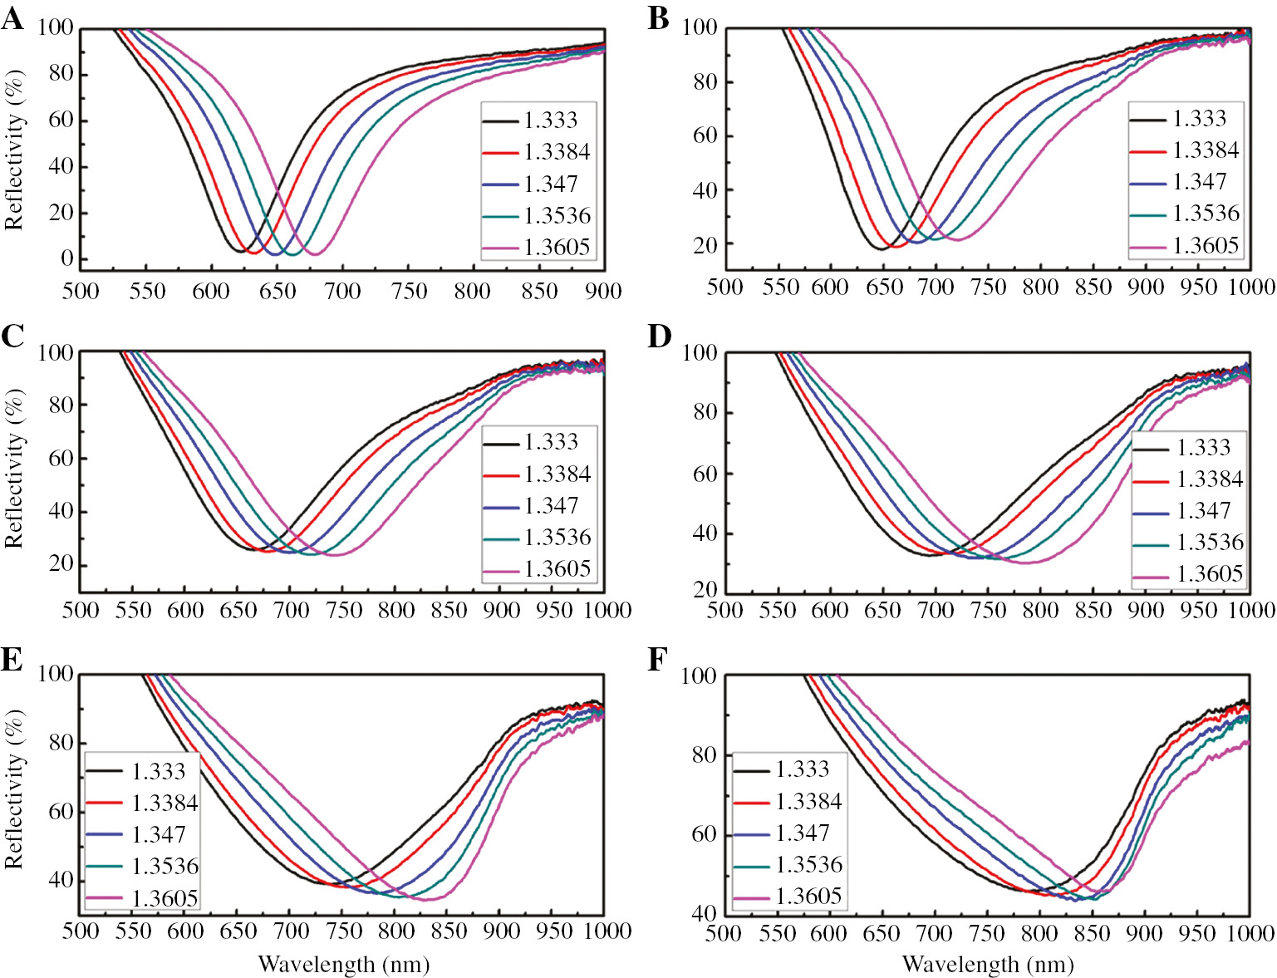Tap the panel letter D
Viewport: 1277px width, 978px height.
pos(659,337)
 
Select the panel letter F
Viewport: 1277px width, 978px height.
pos(657,660)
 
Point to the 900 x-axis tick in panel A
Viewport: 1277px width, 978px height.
pos(603,291)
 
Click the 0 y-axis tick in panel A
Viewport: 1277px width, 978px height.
pos(66,258)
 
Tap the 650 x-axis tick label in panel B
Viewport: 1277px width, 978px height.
pos(883,288)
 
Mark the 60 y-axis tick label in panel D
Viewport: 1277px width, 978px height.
pos(705,474)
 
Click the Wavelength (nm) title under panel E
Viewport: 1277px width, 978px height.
pos(344,964)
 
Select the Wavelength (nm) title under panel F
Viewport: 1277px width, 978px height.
pos(988,964)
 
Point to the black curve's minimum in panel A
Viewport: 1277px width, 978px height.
pos(240,251)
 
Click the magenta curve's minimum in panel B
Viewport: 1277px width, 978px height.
pos(957,240)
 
